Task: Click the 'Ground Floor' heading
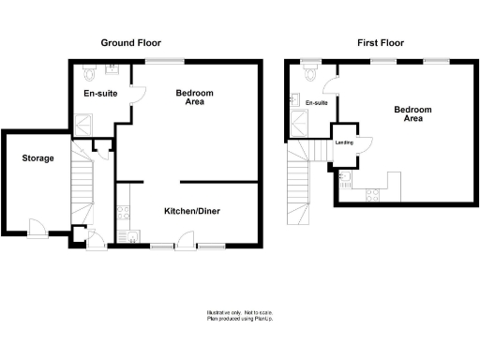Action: pyautogui.click(x=131, y=43)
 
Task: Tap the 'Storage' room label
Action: pyautogui.click(x=38, y=158)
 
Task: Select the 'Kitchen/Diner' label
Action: pyautogui.click(x=193, y=210)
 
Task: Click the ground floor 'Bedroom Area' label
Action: pyautogui.click(x=195, y=97)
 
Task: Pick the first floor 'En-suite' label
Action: pyautogui.click(x=314, y=102)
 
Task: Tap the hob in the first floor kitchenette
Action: pyautogui.click(x=371, y=193)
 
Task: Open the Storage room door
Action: pyautogui.click(x=37, y=225)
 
